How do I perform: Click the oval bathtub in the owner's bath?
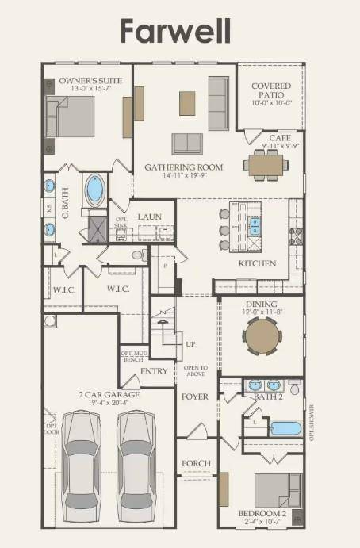pyautogui.click(x=97, y=190)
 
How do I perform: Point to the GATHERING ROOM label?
pyautogui.click(x=183, y=167)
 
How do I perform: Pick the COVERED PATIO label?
pyautogui.click(x=271, y=91)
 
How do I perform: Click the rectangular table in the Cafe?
pyautogui.click(x=266, y=164)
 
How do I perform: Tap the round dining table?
pyautogui.click(x=262, y=335)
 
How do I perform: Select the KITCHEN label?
pyautogui.click(x=258, y=263)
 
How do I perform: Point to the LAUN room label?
pyautogui.click(x=150, y=217)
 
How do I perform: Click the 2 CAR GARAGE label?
pyautogui.click(x=109, y=394)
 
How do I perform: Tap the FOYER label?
pyautogui.click(x=195, y=396)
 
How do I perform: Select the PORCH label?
pyautogui.click(x=196, y=463)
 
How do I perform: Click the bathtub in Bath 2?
pyautogui.click(x=285, y=428)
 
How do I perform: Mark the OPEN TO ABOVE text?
pyautogui.click(x=195, y=371)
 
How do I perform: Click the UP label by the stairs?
pyautogui.click(x=190, y=344)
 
